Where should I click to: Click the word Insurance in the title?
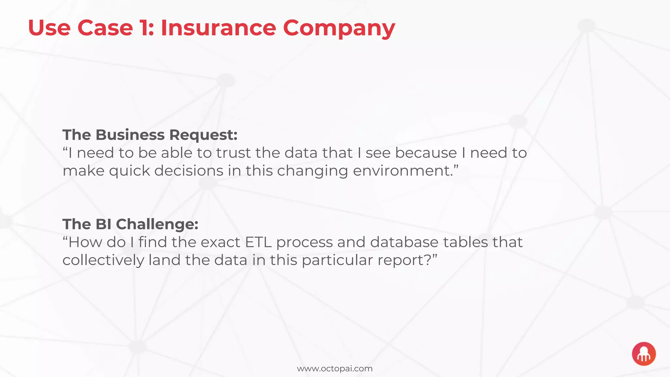pos(218,28)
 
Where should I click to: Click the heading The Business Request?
pos(150,135)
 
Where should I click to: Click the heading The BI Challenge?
pos(130,224)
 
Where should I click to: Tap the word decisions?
pos(189,171)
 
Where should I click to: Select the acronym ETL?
pos(258,242)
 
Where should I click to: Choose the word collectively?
pos(103,260)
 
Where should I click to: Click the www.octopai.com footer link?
pos(335,369)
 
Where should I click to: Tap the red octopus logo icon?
pos(644,354)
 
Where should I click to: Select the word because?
pos(426,153)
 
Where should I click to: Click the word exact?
pos(220,242)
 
